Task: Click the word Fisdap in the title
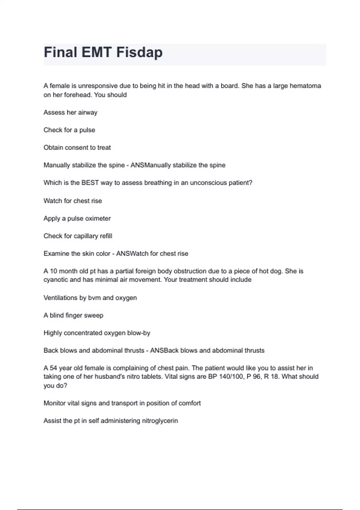tap(139, 52)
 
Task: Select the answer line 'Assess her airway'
tap(70, 112)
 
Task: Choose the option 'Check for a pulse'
tap(69, 130)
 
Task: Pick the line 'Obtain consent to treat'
tap(77, 148)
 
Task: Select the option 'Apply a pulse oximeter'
tap(77, 218)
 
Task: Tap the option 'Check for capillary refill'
tap(78, 236)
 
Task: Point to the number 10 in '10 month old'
tap(53, 271)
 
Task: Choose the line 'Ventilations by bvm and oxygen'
tap(90, 298)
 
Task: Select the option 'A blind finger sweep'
tap(73, 315)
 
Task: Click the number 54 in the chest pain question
tap(53, 368)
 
